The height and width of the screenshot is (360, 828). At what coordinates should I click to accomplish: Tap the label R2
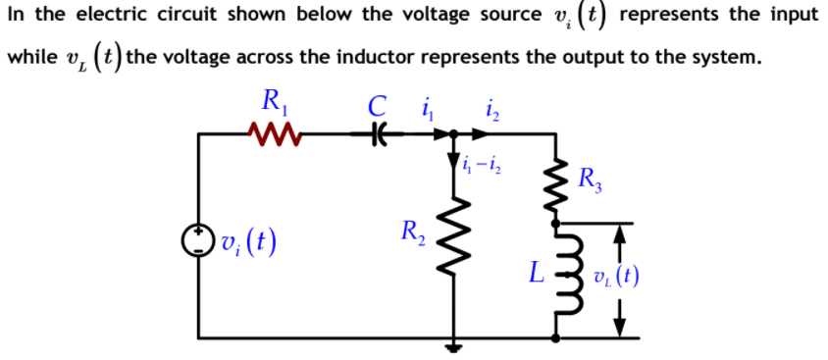[x=411, y=232]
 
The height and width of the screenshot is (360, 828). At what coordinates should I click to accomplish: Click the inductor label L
[x=534, y=273]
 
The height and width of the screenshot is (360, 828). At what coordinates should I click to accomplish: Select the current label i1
[x=425, y=102]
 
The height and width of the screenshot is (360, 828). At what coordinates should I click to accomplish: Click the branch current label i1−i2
[x=484, y=165]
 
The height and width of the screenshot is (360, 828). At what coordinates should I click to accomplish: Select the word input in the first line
[x=789, y=16]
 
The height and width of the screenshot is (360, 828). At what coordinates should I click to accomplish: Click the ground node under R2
[x=454, y=343]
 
